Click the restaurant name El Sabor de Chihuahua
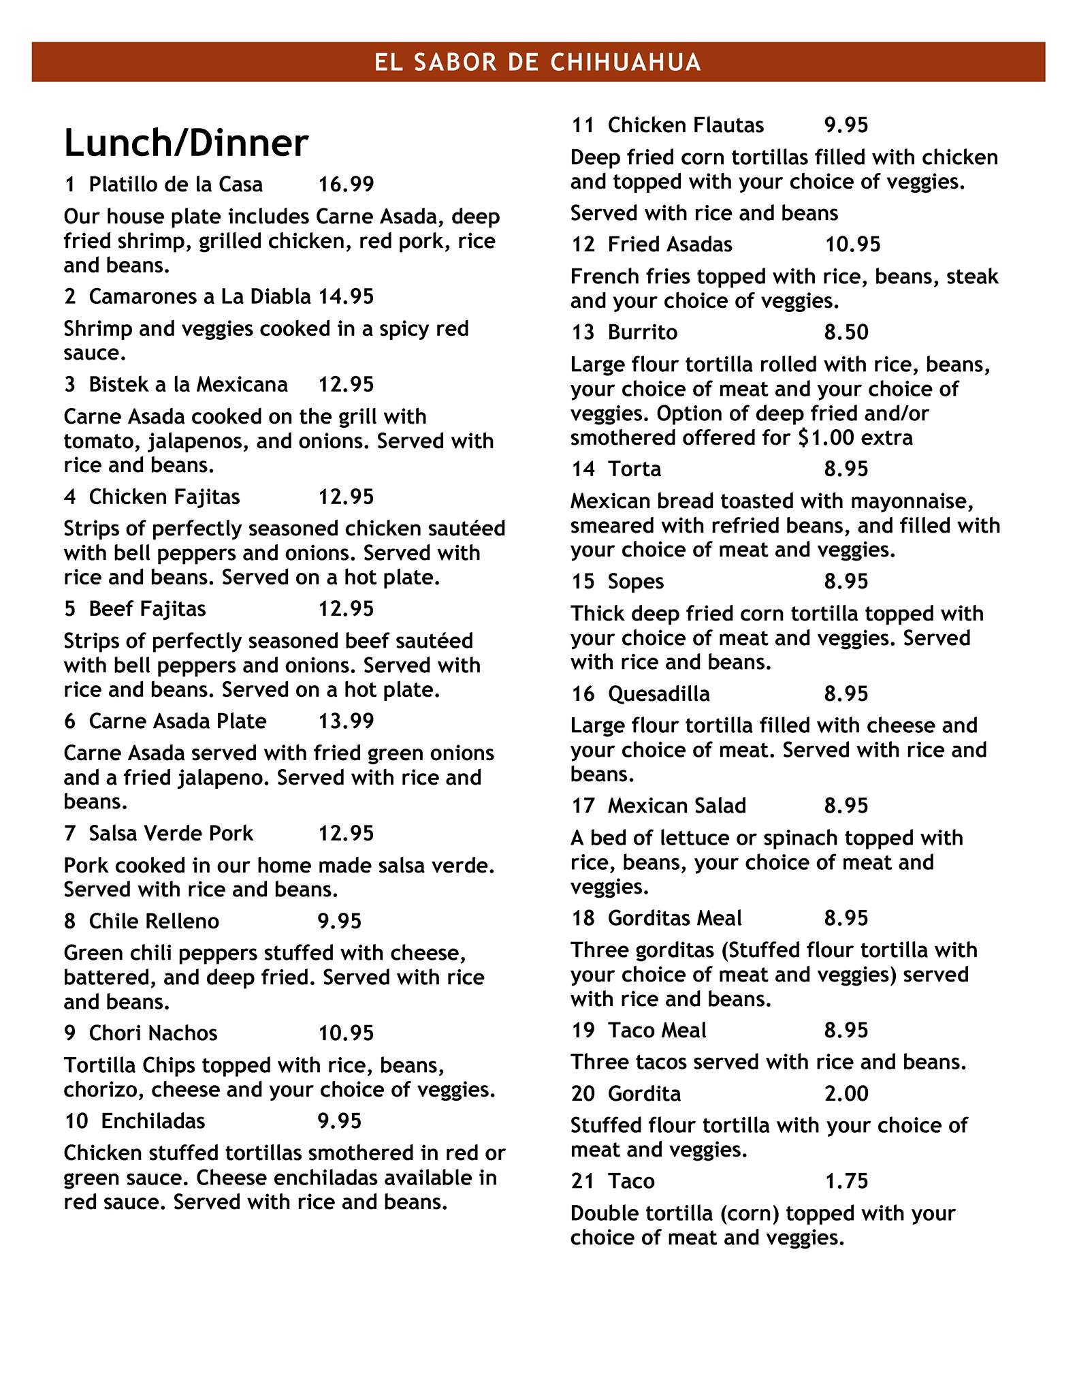(x=538, y=62)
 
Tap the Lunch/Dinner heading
(x=186, y=143)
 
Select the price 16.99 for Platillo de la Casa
(x=346, y=185)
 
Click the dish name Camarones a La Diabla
(x=199, y=296)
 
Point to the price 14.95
(x=346, y=296)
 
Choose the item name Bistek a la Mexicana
(x=188, y=385)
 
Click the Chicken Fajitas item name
(x=164, y=497)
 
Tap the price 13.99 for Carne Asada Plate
(x=346, y=721)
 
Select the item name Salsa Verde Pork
(x=170, y=834)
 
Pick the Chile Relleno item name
(x=154, y=922)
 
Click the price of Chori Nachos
(x=346, y=1033)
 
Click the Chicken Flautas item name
(x=686, y=125)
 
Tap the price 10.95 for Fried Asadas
(x=852, y=245)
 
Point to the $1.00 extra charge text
(x=856, y=437)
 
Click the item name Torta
(x=634, y=469)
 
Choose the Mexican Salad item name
(x=677, y=806)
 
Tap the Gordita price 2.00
(x=846, y=1094)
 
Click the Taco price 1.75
(x=846, y=1181)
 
